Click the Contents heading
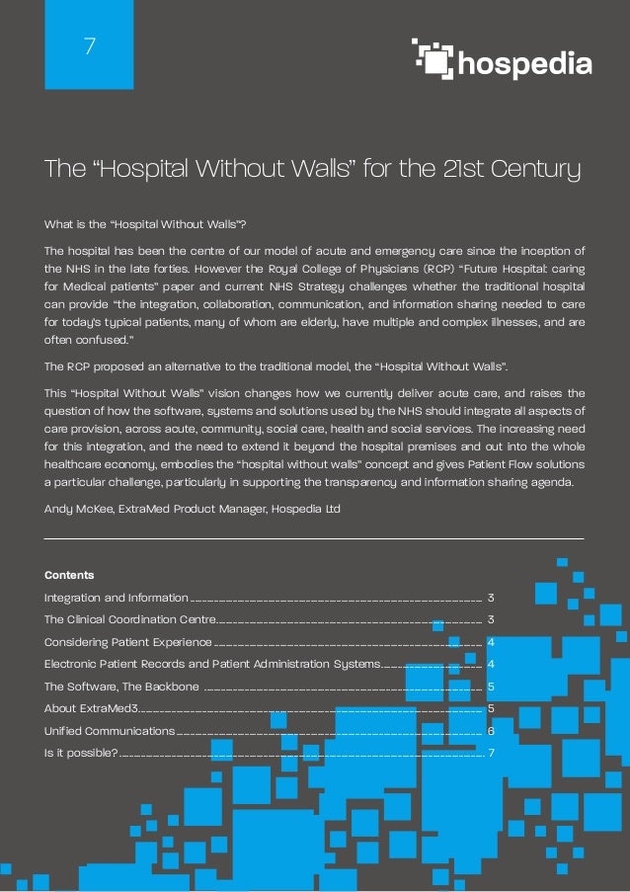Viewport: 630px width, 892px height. [x=69, y=574]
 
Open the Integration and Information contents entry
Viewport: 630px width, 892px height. [x=117, y=598]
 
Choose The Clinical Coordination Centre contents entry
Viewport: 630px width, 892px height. [x=129, y=619]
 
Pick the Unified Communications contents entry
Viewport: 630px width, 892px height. [x=110, y=730]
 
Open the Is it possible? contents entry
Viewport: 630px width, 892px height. [x=81, y=753]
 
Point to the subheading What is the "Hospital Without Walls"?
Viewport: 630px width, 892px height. [x=137, y=224]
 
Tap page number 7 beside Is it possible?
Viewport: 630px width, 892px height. [x=491, y=753]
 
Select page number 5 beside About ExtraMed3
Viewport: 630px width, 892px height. [x=491, y=707]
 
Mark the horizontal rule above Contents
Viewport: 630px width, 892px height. [x=314, y=538]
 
